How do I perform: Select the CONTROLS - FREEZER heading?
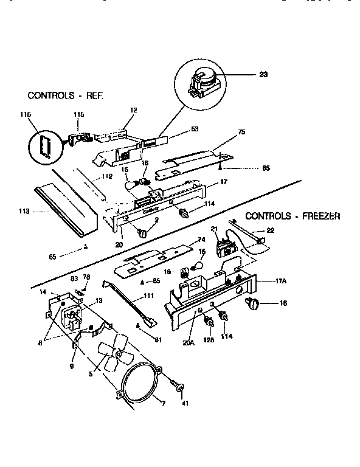(x=292, y=216)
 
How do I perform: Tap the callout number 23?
(x=263, y=75)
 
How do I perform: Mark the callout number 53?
(x=195, y=129)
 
